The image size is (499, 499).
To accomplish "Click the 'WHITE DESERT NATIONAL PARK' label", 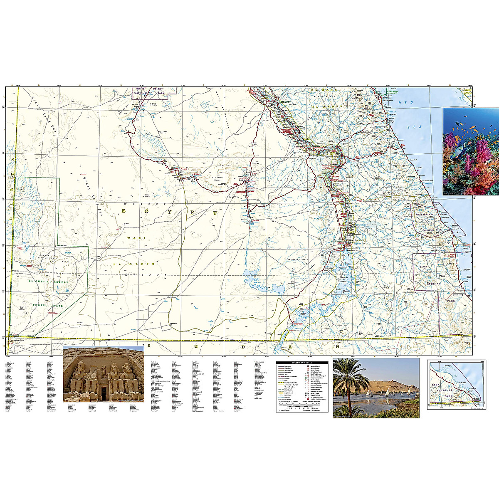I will click(153, 94).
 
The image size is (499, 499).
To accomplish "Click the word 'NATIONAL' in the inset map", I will click(445, 390).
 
